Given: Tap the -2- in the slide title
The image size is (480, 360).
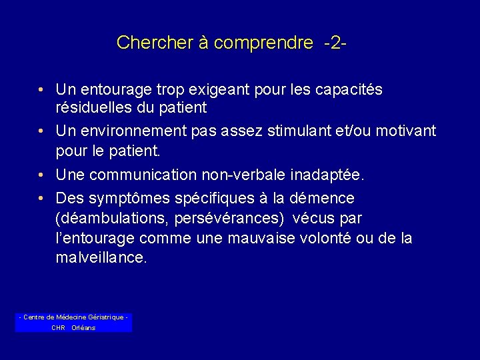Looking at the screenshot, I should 335,43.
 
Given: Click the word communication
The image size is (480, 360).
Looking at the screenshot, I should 149,175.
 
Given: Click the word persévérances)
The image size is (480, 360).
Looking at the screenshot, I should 229,218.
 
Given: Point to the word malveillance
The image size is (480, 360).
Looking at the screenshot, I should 101,258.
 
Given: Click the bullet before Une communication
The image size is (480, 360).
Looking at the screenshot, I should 41,175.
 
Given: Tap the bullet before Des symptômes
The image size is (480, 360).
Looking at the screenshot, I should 41,199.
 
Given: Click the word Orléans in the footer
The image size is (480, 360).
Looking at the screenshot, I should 83,327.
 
